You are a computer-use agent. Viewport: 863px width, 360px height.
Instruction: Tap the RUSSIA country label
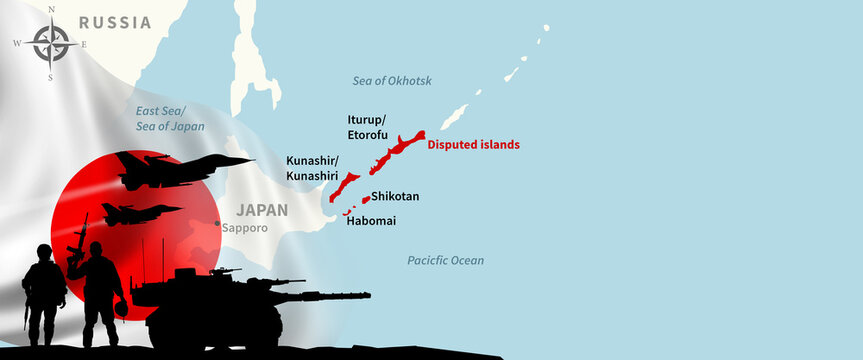point(115,22)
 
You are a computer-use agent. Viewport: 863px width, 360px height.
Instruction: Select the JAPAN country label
point(262,210)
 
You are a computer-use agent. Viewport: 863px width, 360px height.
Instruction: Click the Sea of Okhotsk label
point(392,80)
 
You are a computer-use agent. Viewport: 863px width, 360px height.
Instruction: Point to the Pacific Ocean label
point(445,260)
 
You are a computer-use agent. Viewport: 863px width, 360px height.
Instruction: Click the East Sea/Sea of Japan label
point(170,119)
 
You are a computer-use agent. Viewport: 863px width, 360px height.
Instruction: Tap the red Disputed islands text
point(473,144)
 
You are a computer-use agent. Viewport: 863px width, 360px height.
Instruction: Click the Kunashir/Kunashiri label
point(312,167)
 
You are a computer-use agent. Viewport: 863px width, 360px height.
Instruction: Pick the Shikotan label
point(395,197)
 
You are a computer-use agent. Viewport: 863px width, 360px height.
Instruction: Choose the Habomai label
point(371,220)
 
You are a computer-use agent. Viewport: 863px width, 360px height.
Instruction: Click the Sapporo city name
point(245,228)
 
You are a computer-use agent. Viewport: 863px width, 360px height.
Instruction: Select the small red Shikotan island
point(366,199)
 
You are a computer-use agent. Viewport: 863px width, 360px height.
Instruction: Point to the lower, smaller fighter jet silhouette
point(140,213)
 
